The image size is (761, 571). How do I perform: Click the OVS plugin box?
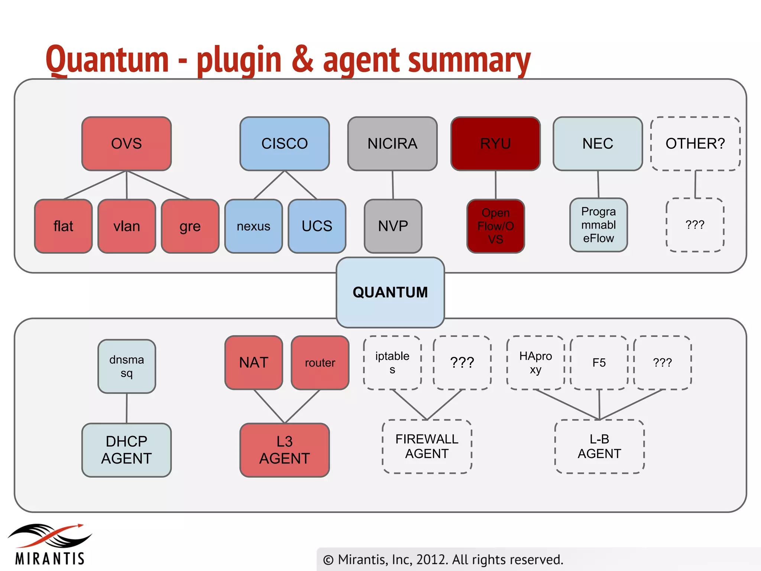pyautogui.click(x=126, y=143)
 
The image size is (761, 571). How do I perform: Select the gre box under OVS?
pyautogui.click(x=190, y=226)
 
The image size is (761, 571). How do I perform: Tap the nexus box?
pyautogui.click(x=253, y=226)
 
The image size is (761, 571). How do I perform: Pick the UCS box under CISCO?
pyautogui.click(x=317, y=226)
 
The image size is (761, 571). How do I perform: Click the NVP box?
pyautogui.click(x=393, y=226)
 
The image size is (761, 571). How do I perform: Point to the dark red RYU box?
pyautogui.click(x=495, y=143)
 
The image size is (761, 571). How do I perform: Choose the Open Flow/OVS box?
pyautogui.click(x=495, y=226)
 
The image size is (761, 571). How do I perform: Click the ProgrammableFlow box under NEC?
pyautogui.click(x=598, y=225)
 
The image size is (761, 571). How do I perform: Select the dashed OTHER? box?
pyautogui.click(x=695, y=143)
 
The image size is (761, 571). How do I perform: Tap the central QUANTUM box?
pyautogui.click(x=390, y=292)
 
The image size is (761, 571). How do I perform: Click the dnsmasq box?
pyautogui.click(x=126, y=366)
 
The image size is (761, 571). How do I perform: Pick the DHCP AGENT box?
pyautogui.click(x=126, y=450)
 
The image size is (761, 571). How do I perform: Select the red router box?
pyautogui.click(x=320, y=362)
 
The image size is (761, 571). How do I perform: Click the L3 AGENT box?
pyautogui.click(x=284, y=450)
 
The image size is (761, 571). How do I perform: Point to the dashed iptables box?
pyautogui.click(x=392, y=362)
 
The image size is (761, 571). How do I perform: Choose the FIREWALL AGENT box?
pyautogui.click(x=427, y=446)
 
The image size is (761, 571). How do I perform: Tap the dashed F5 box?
pyautogui.click(x=599, y=362)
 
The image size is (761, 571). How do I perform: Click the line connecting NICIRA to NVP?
pyautogui.click(x=393, y=185)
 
